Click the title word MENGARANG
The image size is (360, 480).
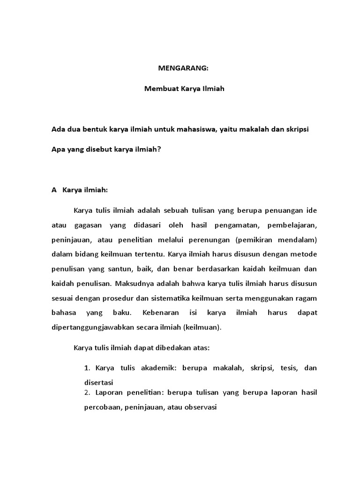click(x=182, y=68)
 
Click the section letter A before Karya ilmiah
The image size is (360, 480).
click(x=53, y=190)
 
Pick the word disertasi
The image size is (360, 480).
click(x=99, y=382)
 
